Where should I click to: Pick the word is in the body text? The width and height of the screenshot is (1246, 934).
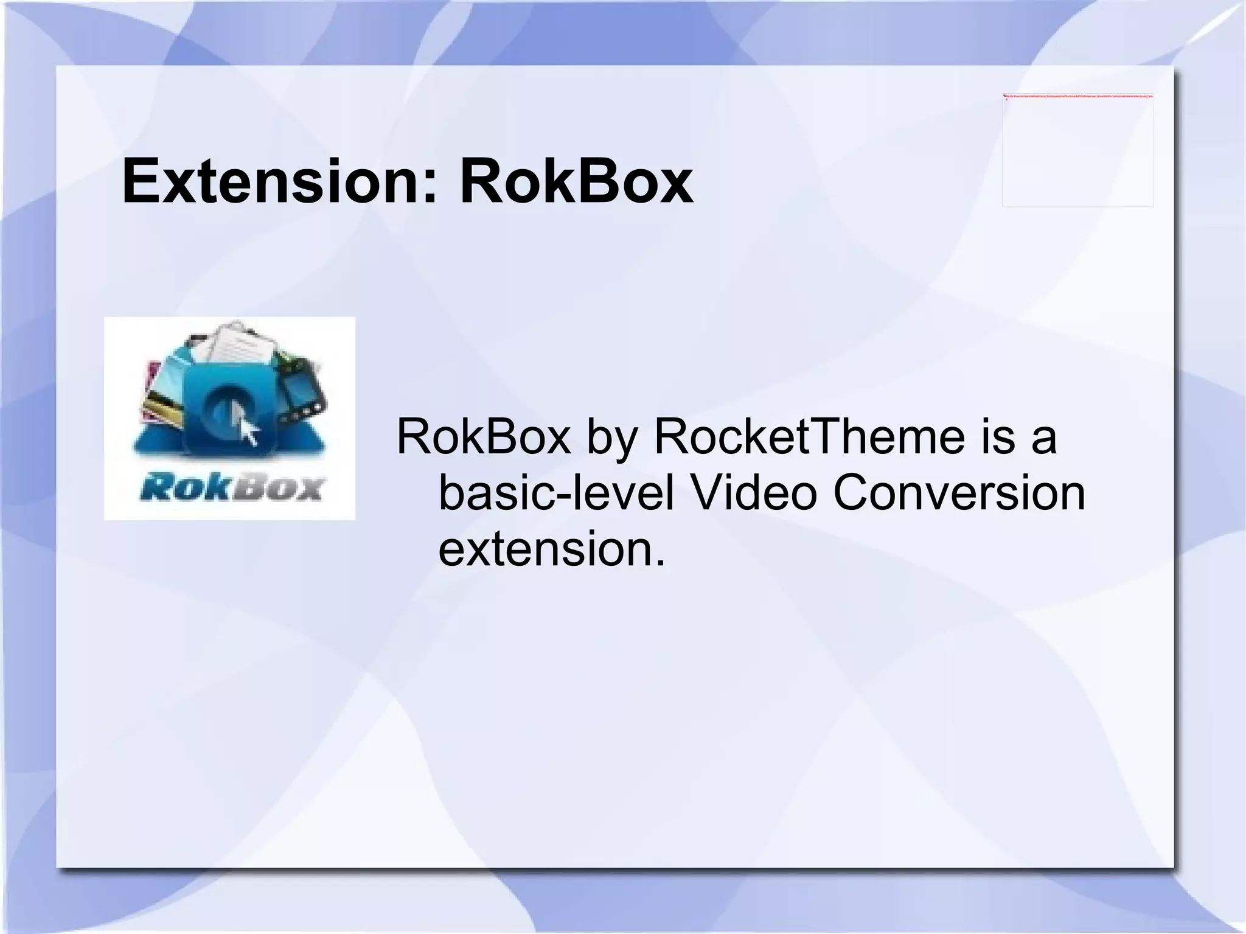(998, 436)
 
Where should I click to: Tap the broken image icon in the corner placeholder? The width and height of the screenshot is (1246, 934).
(1006, 96)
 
